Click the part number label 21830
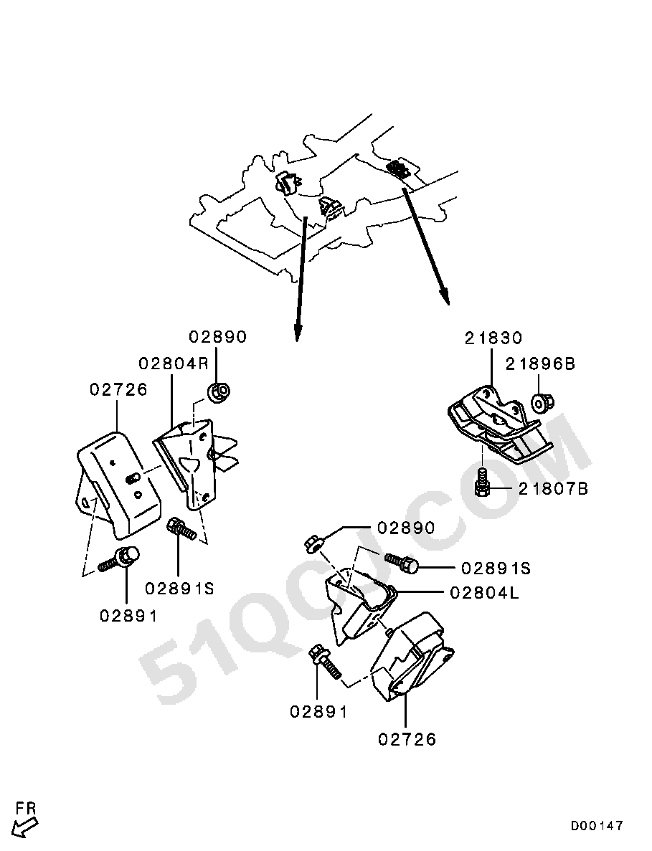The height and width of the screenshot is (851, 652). pyautogui.click(x=493, y=338)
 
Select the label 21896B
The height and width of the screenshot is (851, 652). pyautogui.click(x=540, y=363)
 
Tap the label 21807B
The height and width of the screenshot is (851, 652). pyautogui.click(x=553, y=489)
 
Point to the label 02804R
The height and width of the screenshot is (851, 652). pyautogui.click(x=173, y=363)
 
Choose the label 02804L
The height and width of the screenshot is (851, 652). pyautogui.click(x=484, y=593)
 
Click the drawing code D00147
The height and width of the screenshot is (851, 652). pyautogui.click(x=596, y=827)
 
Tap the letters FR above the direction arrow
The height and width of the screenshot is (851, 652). pyautogui.click(x=26, y=808)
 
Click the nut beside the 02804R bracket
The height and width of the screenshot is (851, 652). pyautogui.click(x=219, y=392)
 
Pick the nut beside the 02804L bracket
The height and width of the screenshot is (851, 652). pyautogui.click(x=313, y=542)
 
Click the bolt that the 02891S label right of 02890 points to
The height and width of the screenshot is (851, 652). pyautogui.click(x=402, y=563)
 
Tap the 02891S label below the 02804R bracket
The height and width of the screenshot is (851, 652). pyautogui.click(x=180, y=589)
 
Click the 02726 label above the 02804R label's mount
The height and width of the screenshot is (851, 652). pyautogui.click(x=118, y=389)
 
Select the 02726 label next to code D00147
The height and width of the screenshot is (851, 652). pyautogui.click(x=407, y=738)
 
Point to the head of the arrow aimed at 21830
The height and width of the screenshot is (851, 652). pyautogui.click(x=445, y=299)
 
